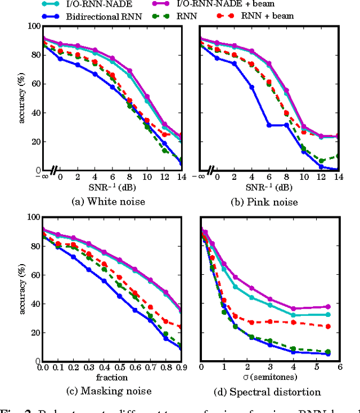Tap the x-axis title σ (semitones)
[267, 376]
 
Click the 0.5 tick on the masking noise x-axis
[119, 367]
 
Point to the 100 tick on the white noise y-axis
[34, 26]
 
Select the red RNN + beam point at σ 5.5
[328, 326]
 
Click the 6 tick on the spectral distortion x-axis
[339, 367]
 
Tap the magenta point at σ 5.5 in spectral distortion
[328, 307]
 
